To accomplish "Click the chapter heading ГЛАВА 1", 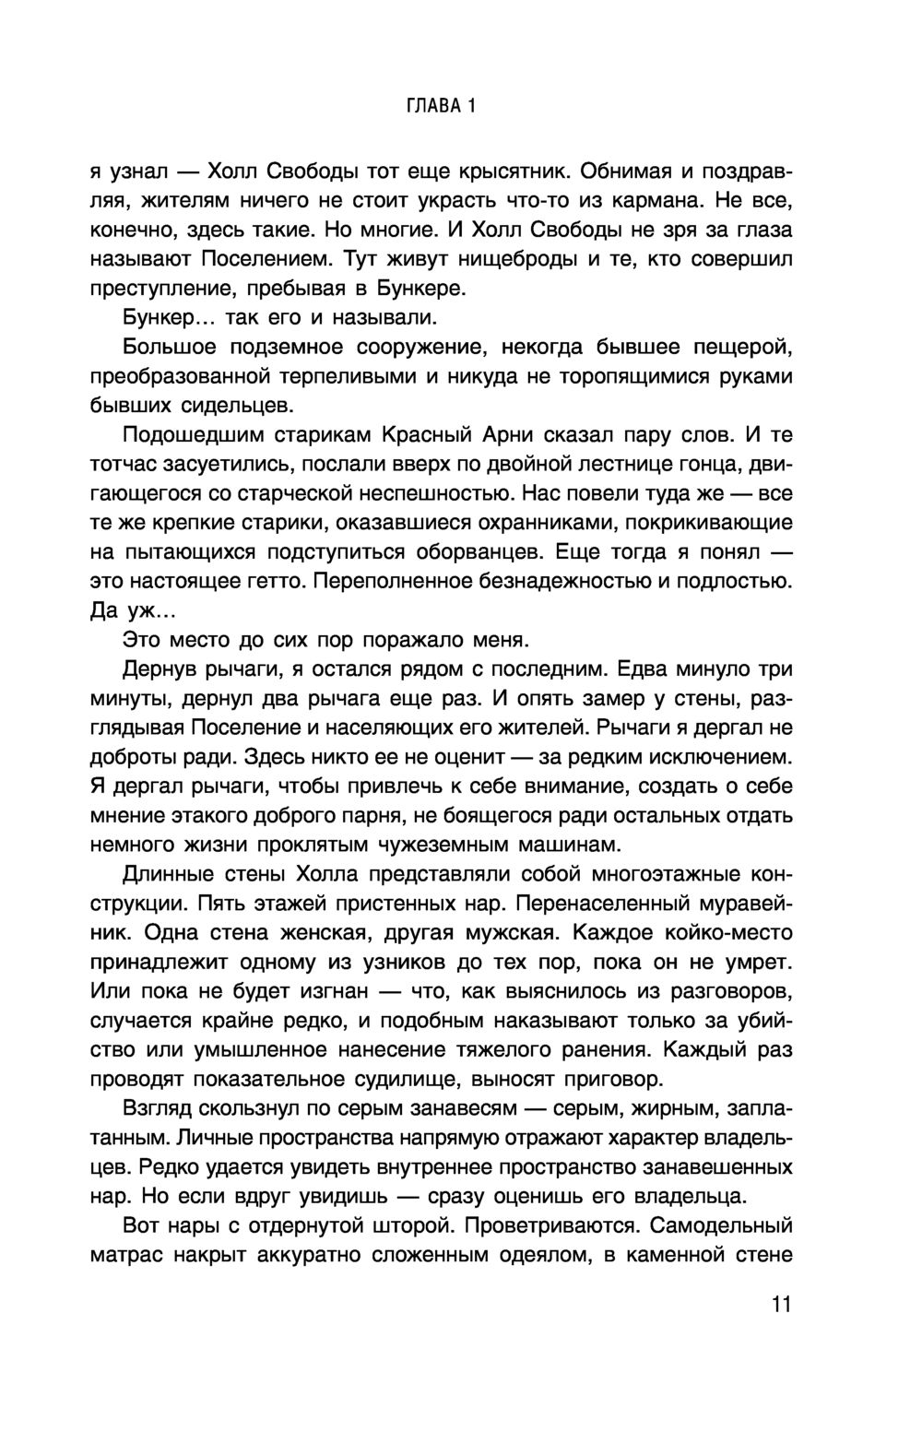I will (442, 107).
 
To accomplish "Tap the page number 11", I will (780, 1305).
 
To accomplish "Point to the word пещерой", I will (742, 348).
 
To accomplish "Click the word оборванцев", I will (467, 552).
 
